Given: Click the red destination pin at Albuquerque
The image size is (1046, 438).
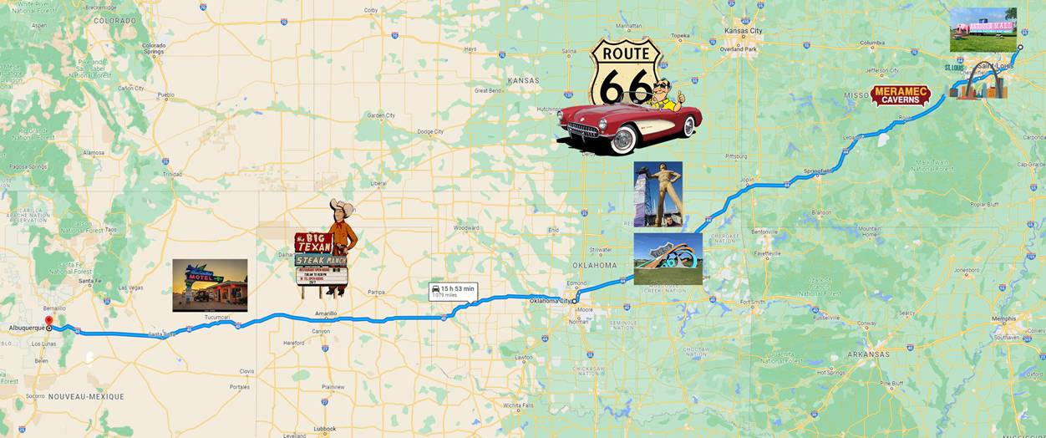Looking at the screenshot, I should point(48,321).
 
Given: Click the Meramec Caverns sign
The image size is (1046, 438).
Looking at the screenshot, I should point(900,95).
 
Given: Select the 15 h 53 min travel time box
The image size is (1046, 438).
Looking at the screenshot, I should point(454,292).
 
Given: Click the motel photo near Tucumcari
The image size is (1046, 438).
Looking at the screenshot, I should point(210,285).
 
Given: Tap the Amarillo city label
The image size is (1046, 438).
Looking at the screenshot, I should point(325,313).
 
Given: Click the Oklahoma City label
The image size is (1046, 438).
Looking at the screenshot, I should point(551,301).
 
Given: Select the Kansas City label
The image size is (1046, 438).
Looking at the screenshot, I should point(743,31).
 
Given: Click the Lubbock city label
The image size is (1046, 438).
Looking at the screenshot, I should point(324,429).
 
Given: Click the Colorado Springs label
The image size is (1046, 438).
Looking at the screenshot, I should point(154,48).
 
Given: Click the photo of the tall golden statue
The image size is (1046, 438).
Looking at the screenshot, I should point(658,194).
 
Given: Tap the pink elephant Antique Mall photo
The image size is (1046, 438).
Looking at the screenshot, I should point(983,30).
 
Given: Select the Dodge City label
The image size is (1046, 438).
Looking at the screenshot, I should point(430,131).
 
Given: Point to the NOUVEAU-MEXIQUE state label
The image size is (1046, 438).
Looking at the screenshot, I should point(85,396).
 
